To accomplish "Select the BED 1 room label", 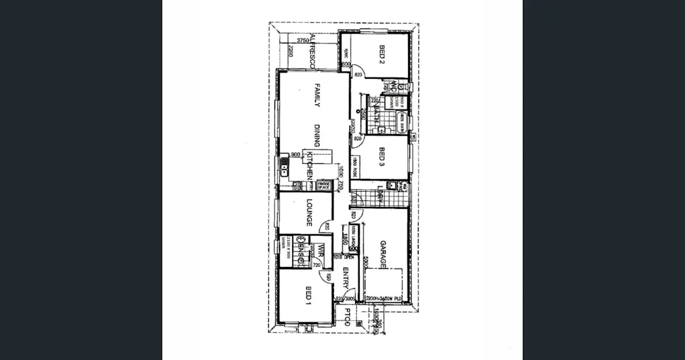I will click(308, 297).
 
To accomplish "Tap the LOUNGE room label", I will click(309, 212).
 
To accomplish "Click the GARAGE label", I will click(383, 254).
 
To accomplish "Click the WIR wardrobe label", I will click(322, 252).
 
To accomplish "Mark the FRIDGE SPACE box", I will click(324, 185).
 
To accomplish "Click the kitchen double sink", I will click(284, 168).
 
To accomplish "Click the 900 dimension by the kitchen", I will click(295, 155).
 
